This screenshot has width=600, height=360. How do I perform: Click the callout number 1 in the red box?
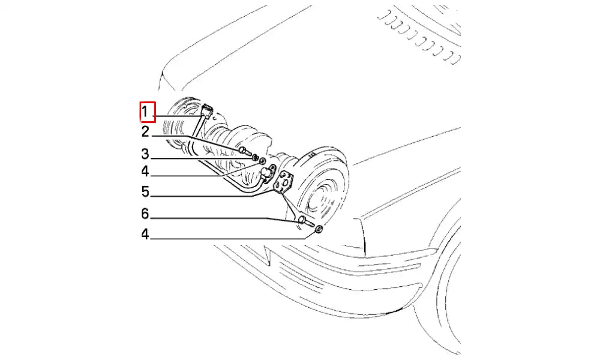click(145, 112)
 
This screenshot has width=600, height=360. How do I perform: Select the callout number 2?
click(145, 131)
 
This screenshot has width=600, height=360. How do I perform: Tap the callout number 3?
click(145, 154)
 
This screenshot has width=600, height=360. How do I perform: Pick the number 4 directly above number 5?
click(145, 171)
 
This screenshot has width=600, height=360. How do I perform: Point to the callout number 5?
click(145, 191)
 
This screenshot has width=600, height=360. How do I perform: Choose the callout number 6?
click(145, 214)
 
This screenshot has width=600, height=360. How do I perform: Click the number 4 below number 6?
click(145, 234)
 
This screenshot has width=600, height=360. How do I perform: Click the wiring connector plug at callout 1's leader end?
click(206, 112)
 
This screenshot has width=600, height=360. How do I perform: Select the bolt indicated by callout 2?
click(244, 151)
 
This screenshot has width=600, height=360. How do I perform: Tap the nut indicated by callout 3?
click(254, 157)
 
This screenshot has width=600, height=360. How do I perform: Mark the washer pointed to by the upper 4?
click(263, 161)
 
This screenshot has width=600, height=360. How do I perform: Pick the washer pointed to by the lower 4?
click(319, 230)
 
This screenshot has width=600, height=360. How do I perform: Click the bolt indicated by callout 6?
click(305, 221)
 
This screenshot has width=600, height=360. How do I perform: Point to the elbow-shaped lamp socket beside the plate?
click(267, 174)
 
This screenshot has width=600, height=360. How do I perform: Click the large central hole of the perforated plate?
click(284, 182)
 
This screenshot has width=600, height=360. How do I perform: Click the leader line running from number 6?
click(224, 219)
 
